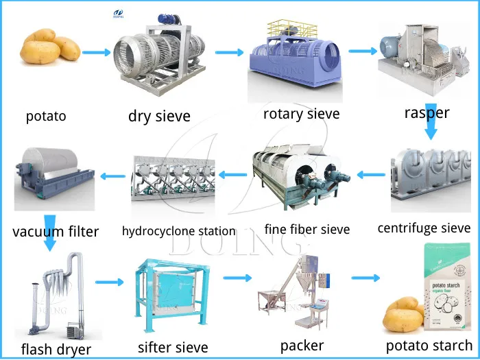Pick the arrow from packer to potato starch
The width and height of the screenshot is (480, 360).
coord(365,278)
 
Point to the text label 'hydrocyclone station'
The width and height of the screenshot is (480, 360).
coord(179,231)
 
